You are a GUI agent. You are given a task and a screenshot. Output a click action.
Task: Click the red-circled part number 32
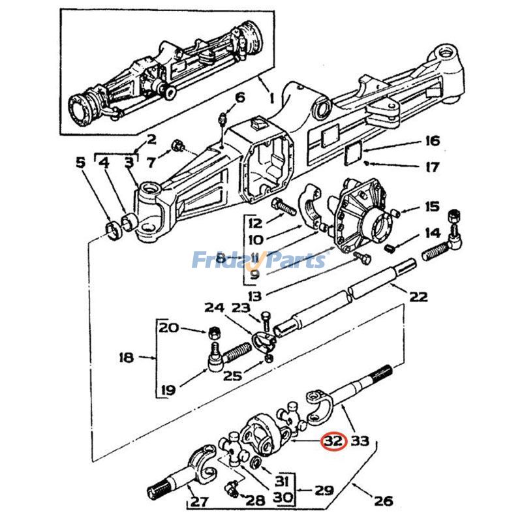click(333, 441)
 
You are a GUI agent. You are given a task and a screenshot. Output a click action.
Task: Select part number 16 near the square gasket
click(431, 140)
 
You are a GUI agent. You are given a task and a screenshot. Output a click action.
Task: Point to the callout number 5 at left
click(80, 162)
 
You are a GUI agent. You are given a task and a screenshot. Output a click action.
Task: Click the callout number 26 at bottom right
click(384, 500)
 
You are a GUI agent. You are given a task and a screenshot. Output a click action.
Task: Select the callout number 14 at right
click(431, 233)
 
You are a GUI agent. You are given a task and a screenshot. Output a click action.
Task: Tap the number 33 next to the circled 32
click(360, 441)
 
